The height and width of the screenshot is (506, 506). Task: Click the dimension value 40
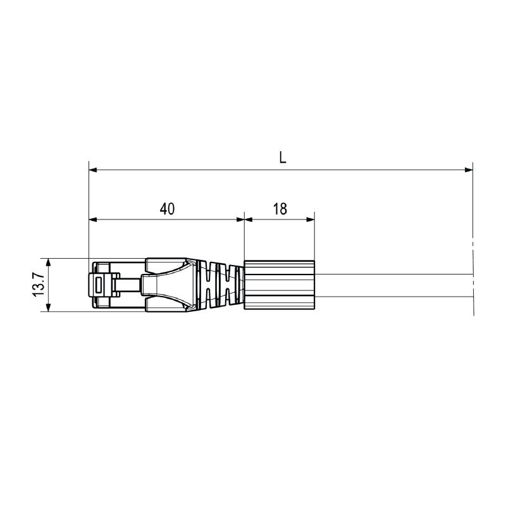coord(167,209)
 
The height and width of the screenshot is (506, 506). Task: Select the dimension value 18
coord(280,209)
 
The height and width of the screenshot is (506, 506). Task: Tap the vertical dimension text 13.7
coord(39,285)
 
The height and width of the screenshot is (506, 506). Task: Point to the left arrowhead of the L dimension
coord(93,170)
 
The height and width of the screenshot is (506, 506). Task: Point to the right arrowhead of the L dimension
coord(469,170)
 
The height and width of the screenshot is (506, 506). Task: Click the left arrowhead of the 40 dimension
coord(93,219)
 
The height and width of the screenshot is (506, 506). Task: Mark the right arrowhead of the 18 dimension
coord(311,219)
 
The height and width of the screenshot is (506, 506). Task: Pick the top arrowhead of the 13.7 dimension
coord(47,261)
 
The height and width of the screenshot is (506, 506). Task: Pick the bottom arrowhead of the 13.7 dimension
coord(47,307)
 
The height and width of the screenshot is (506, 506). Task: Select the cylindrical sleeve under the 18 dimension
coord(279,285)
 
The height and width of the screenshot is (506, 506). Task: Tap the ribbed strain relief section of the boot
coord(221,285)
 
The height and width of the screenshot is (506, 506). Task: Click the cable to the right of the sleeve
coord(392,285)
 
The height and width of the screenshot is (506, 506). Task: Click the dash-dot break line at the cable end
coord(473,278)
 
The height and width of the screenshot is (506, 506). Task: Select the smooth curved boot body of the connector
coord(171,285)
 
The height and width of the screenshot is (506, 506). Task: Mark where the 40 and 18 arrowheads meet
coord(244,219)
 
